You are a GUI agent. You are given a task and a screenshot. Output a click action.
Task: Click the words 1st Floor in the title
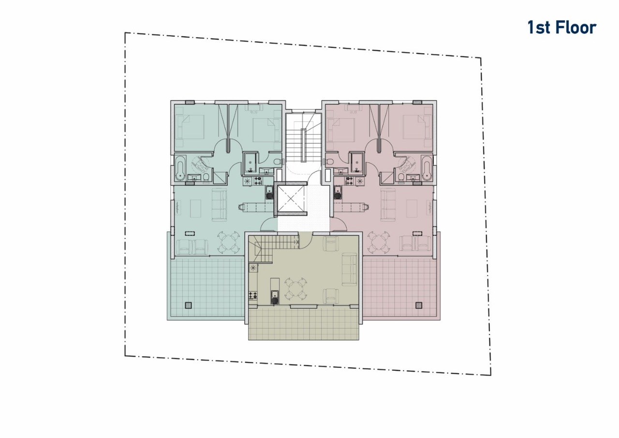tap(562, 28)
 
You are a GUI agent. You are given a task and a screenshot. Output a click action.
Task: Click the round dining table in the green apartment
tap(228, 242)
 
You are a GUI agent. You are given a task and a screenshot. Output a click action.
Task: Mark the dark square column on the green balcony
tap(189, 305)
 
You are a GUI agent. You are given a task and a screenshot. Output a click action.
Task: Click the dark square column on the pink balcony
tap(419, 305)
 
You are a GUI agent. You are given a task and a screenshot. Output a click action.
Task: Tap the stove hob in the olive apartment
tap(253, 296)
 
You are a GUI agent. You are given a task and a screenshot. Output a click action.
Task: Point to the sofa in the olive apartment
tap(350, 269)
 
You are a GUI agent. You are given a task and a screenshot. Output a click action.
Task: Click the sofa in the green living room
tap(220, 205)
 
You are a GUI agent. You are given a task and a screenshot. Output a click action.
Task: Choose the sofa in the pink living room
tap(388, 205)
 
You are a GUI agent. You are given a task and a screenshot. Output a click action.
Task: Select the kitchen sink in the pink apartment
tap(338, 193)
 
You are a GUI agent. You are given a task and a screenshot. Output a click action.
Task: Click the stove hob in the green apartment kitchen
tap(258, 181)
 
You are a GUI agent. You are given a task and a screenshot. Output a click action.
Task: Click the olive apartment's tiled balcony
tap(303, 324)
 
